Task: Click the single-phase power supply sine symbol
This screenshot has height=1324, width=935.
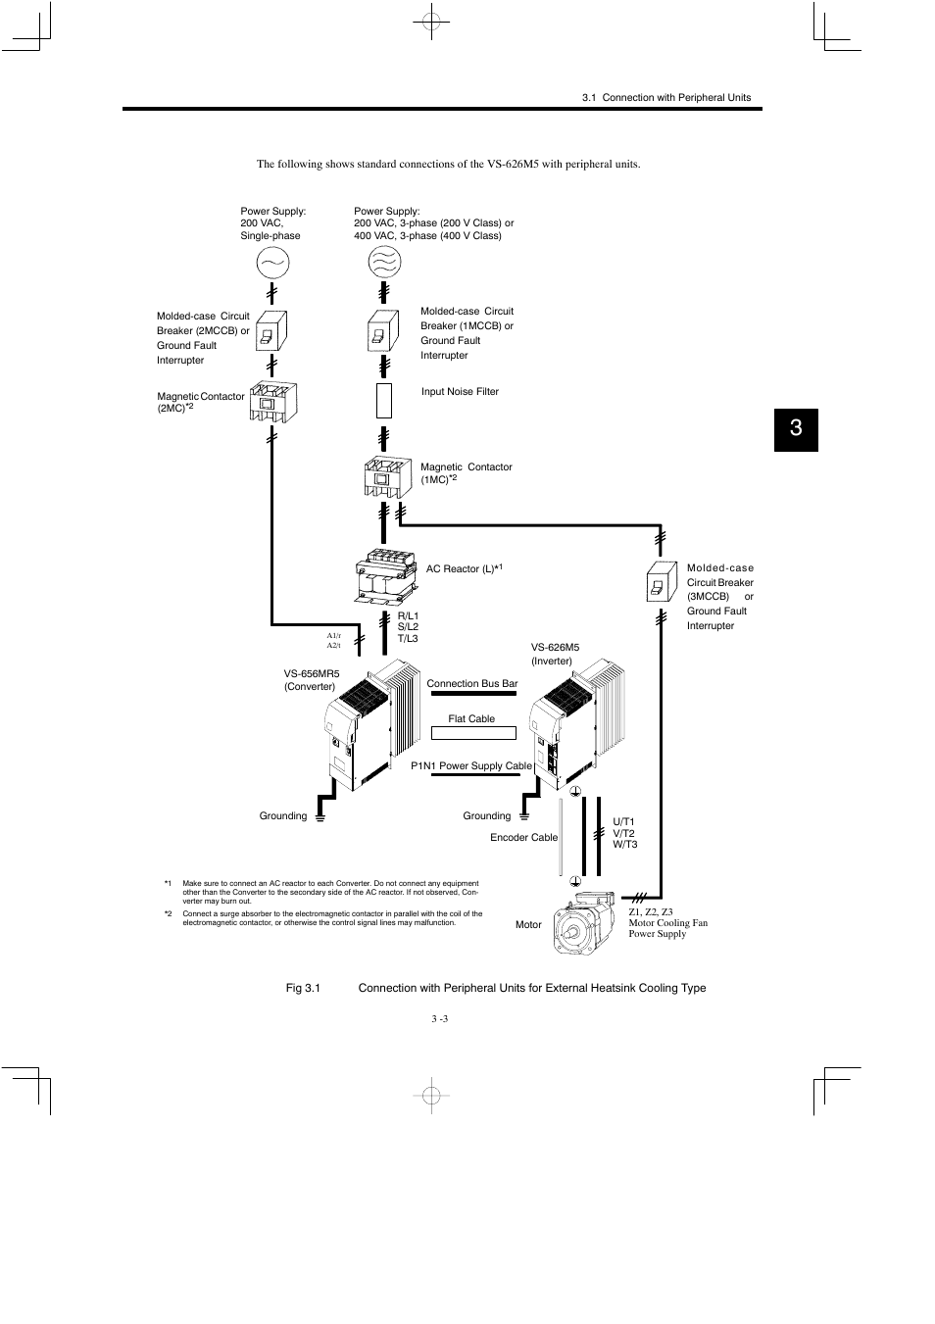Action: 272,263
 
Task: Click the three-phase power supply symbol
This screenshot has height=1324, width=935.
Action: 383,262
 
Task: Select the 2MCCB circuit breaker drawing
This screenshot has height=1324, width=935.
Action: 269,330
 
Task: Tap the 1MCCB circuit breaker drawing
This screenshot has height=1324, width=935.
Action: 383,330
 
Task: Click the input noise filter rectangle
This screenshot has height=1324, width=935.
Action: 384,401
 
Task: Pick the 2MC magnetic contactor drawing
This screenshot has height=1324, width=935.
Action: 272,402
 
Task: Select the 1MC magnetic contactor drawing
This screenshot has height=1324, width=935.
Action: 383,477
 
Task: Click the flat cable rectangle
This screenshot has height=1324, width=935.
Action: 473,732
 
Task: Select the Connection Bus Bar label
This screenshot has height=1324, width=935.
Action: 471,684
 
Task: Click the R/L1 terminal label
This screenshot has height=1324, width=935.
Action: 408,615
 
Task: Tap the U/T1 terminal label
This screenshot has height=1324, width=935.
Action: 624,822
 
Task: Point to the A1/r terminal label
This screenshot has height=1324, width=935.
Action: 333,636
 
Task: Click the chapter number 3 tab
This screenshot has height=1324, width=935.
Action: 795,428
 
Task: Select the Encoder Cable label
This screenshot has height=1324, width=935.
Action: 523,838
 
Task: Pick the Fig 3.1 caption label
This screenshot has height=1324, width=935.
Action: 303,988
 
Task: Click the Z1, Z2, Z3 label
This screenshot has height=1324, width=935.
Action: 651,912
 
